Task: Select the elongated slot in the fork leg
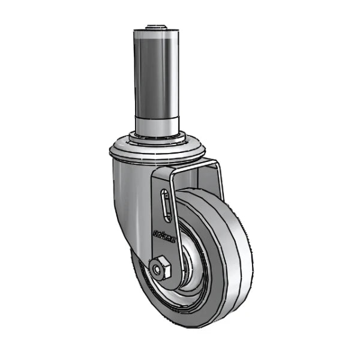click(166, 208)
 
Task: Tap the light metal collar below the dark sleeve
click(157, 126)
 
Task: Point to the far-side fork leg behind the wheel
click(217, 180)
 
